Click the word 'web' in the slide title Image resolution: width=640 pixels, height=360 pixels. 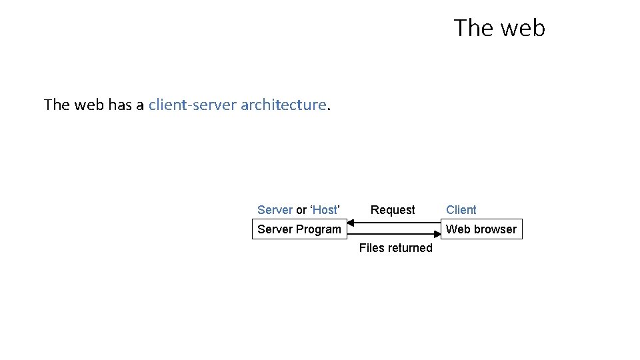coord(523,28)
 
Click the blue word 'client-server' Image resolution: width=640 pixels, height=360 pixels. coord(192,105)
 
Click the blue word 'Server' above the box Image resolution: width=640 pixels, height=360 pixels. coord(275,210)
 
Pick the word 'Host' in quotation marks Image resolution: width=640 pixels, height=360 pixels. coord(325,210)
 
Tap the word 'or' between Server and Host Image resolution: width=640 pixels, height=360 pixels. coord(301,210)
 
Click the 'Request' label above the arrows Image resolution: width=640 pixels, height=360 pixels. coord(393,210)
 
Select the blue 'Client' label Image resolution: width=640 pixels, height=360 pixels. coord(461,210)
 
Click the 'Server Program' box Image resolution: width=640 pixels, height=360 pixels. coord(299,229)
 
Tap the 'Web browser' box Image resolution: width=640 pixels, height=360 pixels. coord(481,229)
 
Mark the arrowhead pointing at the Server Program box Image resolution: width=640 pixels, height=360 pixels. coord(351,224)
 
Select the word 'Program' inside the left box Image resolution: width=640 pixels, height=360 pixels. coord(318,229)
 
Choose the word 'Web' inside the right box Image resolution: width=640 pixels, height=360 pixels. coord(457,229)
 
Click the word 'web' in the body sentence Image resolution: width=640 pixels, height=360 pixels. coord(88,105)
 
